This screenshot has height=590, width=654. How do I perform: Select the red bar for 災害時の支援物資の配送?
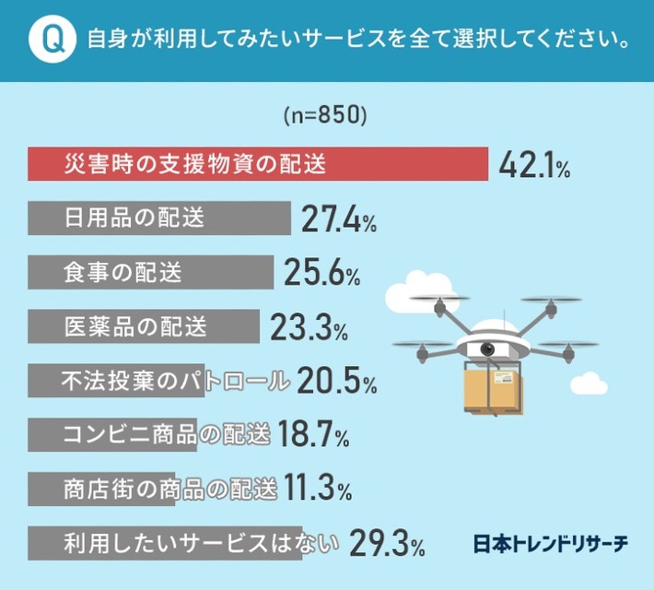258,165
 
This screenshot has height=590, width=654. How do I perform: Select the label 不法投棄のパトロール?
176,379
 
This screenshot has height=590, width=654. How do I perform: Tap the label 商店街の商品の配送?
169,487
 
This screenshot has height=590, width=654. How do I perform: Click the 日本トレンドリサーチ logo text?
550,543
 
